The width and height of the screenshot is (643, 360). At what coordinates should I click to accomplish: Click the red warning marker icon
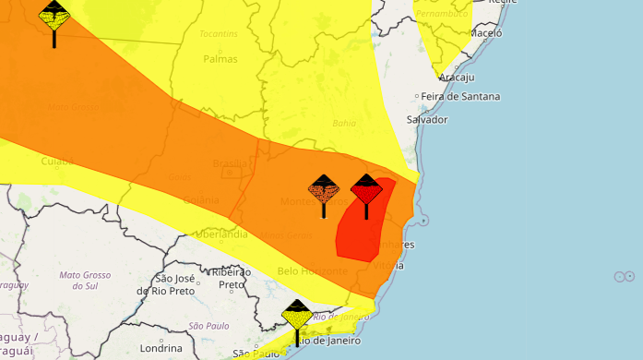click(x=366, y=190)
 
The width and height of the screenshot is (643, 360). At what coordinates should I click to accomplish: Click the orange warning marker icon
click(x=324, y=191)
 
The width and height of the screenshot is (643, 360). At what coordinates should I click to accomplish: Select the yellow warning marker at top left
click(x=54, y=17)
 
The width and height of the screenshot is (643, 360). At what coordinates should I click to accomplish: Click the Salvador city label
click(x=426, y=120)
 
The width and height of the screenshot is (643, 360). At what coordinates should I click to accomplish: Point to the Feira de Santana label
click(x=461, y=96)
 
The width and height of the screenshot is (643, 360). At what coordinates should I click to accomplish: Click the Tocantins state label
click(x=218, y=34)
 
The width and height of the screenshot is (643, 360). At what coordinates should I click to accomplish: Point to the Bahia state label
click(x=343, y=122)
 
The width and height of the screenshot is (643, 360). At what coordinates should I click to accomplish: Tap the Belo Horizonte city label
click(x=312, y=270)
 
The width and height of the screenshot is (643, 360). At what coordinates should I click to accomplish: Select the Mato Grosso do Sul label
click(x=85, y=281)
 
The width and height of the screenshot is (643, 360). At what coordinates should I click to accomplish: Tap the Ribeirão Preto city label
click(x=231, y=278)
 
